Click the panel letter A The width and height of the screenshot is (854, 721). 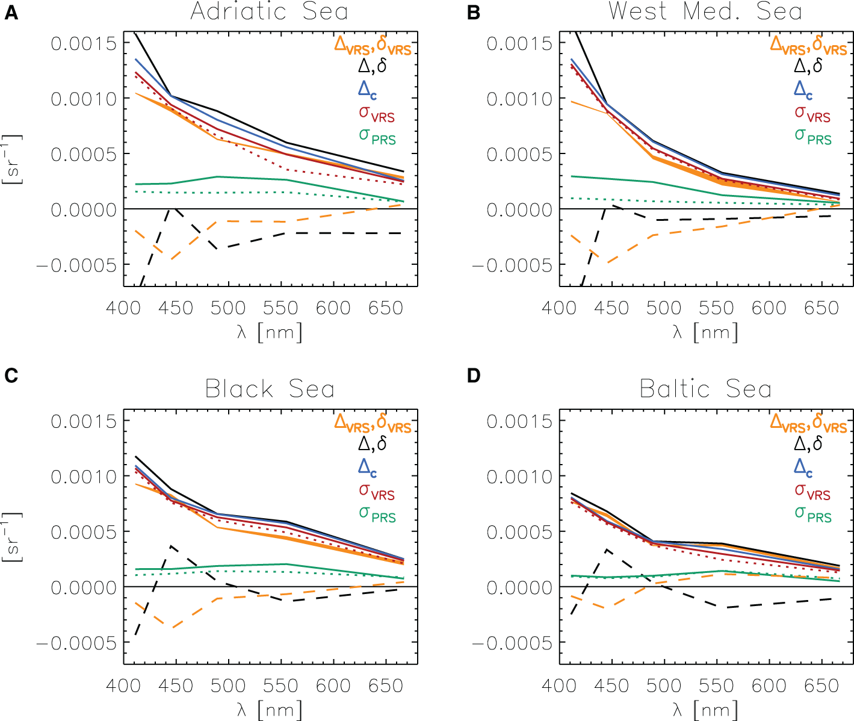click(11, 13)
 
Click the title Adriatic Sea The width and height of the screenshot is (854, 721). click(269, 11)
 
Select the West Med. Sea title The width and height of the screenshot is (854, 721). click(705, 11)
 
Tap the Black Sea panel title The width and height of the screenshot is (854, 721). click(269, 389)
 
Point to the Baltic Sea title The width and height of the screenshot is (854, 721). click(705, 389)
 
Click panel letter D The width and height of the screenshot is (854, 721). click(474, 376)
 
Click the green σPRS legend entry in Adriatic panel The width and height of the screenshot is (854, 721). click(377, 136)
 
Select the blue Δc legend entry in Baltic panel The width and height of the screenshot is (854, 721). click(803, 466)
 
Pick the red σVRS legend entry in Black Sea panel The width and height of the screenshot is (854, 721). click(377, 491)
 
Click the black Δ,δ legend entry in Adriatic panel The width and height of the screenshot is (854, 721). click(373, 66)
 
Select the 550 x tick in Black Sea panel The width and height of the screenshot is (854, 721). click(281, 685)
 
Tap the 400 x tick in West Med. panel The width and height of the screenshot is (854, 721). click(559, 308)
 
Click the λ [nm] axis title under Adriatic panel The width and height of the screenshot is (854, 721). click(269, 332)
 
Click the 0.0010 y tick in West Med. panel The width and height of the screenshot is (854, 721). click(519, 99)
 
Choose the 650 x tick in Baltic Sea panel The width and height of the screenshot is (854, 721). click(822, 685)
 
